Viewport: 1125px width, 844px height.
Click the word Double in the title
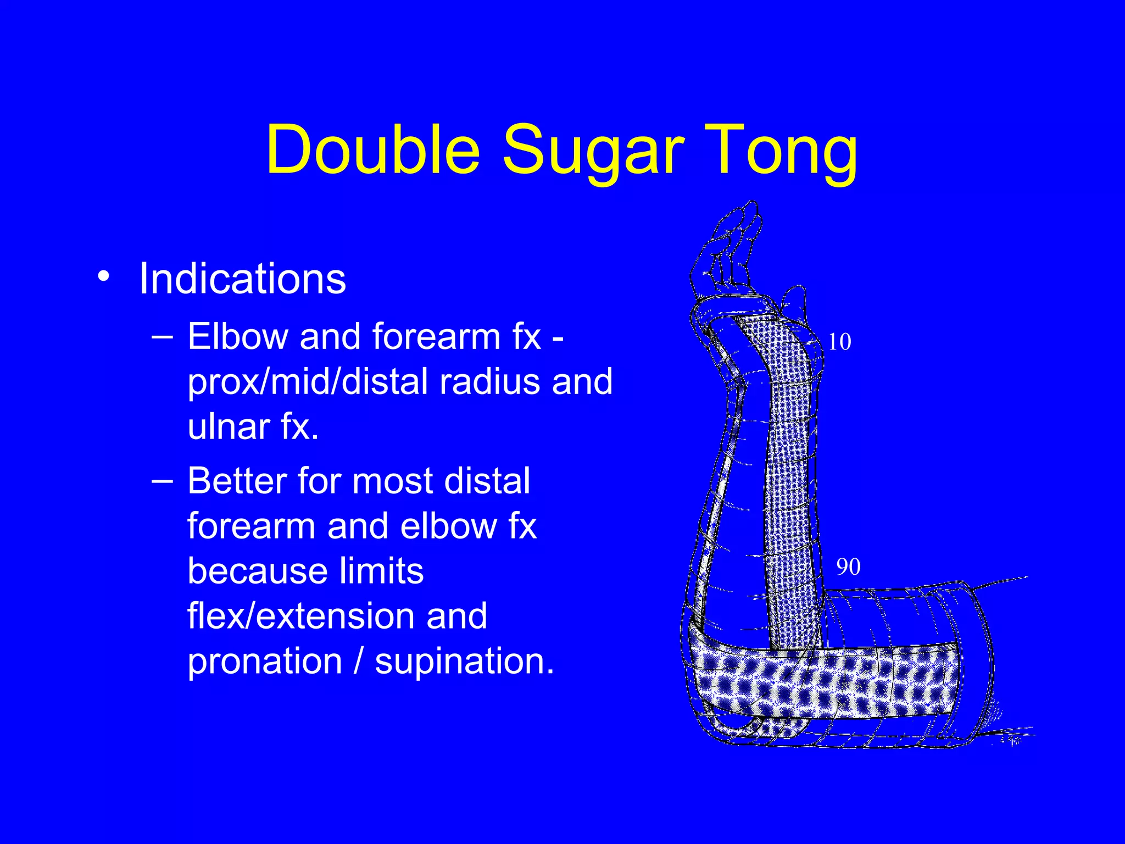373,150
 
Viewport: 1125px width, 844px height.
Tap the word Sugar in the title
594,151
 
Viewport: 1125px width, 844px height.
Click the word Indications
242,279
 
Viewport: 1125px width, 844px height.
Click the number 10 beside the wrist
839,342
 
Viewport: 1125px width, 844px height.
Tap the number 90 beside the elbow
848,567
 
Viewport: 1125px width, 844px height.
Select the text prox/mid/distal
307,381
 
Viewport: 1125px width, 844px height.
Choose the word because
255,571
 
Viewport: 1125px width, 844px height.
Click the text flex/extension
337,615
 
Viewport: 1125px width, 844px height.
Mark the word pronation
265,661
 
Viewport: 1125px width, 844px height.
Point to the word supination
464,661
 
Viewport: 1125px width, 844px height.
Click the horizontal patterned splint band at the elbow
824,681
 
